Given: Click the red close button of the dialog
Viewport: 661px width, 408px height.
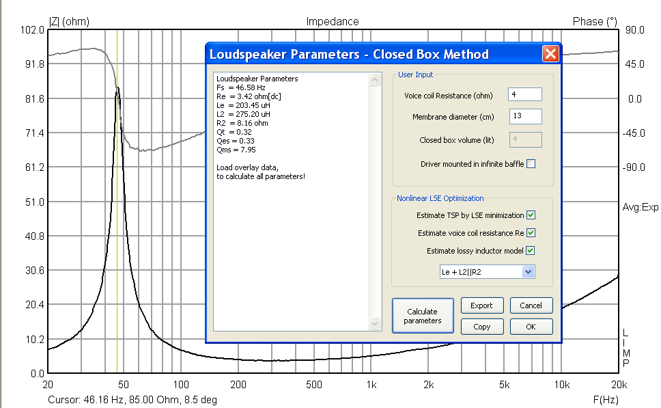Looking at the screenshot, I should pos(551,54).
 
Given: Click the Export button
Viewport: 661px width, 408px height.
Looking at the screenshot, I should pos(481,305).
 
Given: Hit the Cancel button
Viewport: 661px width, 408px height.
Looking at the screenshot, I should pos(531,305).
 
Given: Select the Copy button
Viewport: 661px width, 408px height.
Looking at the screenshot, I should pos(481,327).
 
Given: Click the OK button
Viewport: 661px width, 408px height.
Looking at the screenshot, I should pos(531,327).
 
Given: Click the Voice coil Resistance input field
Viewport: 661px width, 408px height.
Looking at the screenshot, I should pos(524,95).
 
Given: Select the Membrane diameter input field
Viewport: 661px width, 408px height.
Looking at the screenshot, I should pos(524,117).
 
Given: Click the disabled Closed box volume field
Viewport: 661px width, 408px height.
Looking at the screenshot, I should pos(524,140).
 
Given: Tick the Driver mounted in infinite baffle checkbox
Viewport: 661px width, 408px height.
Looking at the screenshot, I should pos(531,164).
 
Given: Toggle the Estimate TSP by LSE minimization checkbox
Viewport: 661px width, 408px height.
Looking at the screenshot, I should pos(531,215).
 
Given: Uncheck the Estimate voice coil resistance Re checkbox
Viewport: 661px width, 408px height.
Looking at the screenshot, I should pos(531,233).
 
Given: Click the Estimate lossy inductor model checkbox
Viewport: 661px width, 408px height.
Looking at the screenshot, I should pos(531,251).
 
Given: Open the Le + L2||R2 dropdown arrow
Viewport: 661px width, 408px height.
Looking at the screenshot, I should pos(527,272).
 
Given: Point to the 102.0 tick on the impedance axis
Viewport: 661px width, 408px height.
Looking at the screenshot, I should pos(33,30).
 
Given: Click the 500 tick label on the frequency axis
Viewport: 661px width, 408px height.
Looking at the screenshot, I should pos(313,385).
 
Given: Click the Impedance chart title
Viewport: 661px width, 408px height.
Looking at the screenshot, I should pos(332,21).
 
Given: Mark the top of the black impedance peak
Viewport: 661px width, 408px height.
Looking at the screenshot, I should pos(118,87).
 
